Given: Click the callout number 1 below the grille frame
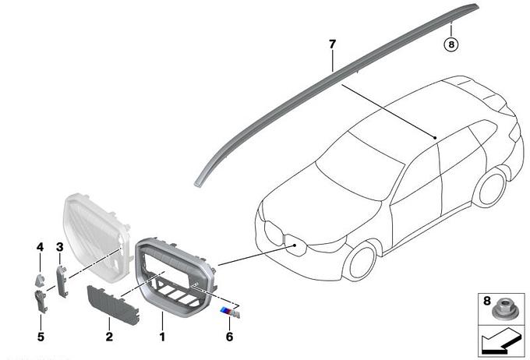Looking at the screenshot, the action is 162,337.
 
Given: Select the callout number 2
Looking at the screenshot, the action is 109,337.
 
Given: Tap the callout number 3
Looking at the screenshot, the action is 60,247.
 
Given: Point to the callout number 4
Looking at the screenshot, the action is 41,247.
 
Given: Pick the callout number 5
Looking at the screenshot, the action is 41,337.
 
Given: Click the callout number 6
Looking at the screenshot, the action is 229,337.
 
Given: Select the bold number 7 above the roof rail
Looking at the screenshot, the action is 332,44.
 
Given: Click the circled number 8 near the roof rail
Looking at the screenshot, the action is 451,44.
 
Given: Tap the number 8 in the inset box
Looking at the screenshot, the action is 486,301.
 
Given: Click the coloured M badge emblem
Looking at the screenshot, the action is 230,312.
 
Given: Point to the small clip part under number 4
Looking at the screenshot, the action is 41,280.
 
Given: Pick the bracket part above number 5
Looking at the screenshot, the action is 41,301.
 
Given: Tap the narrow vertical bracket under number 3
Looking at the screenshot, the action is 62,281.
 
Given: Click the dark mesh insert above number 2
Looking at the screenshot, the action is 114,303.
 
